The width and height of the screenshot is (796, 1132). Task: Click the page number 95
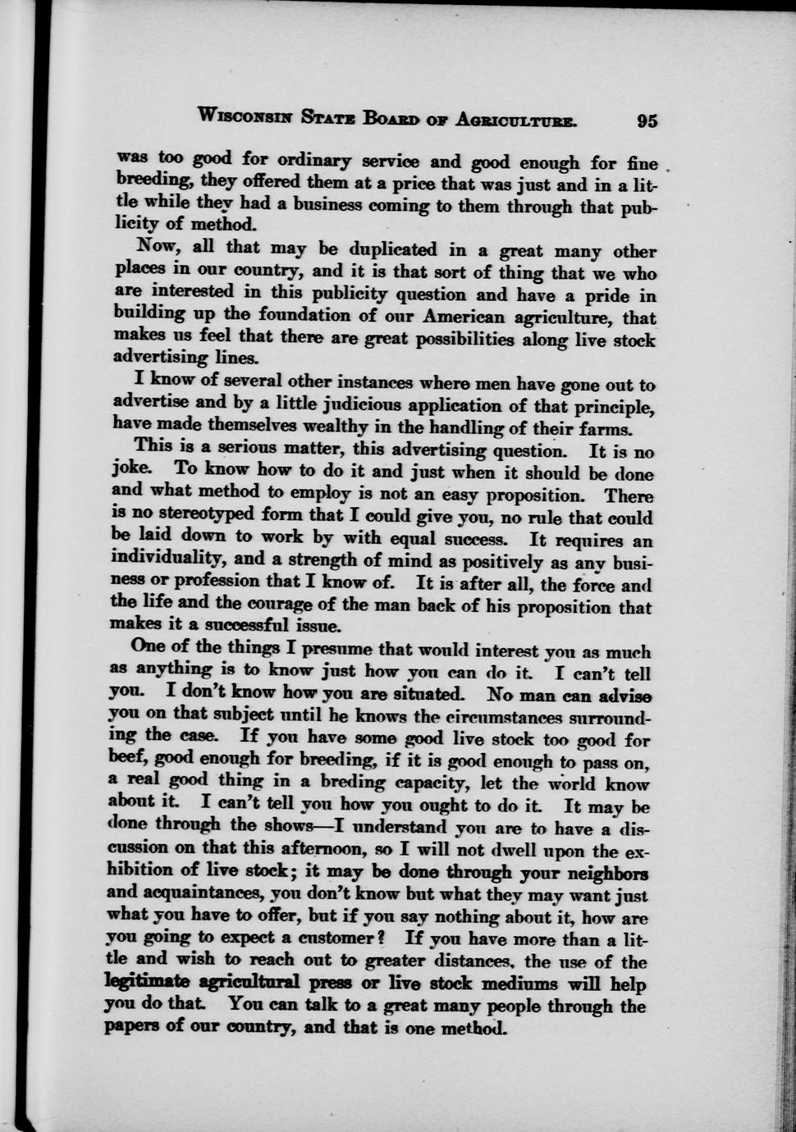[x=647, y=121]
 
